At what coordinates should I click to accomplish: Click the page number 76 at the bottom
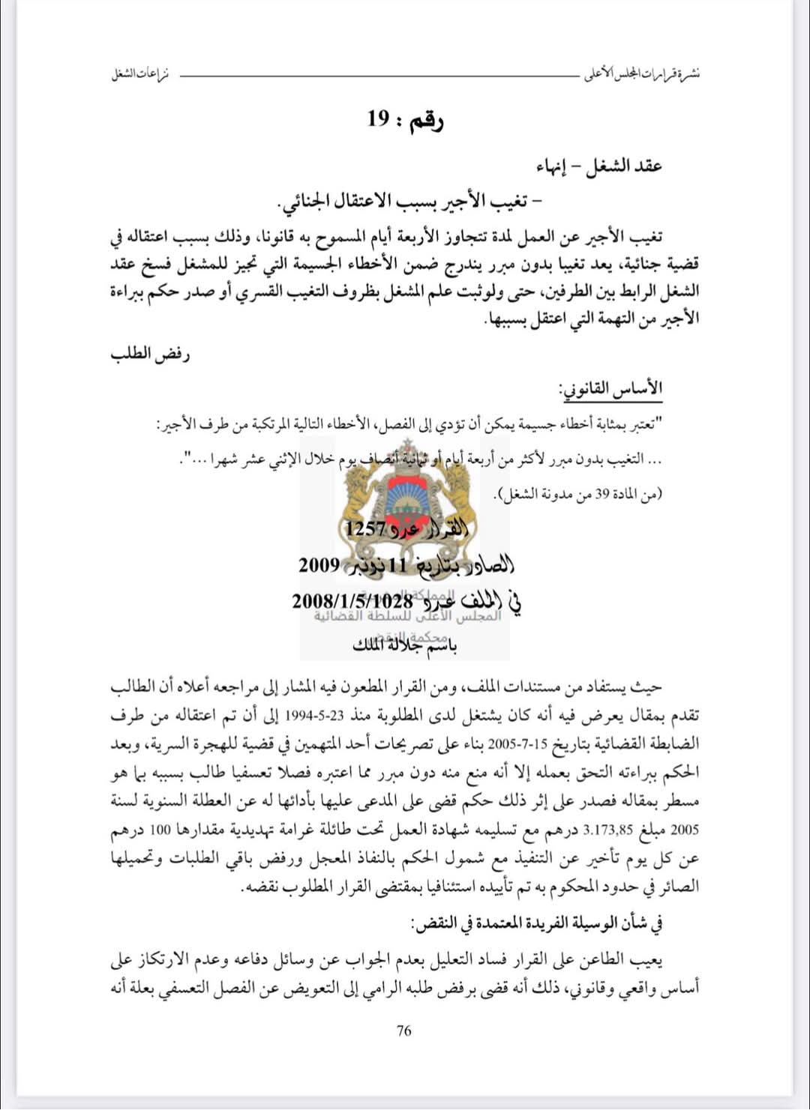[x=403, y=1031]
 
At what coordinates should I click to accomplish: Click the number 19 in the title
[x=379, y=118]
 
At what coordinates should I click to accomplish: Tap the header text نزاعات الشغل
[x=140, y=74]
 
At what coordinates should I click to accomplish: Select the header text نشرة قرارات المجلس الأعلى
[x=642, y=74]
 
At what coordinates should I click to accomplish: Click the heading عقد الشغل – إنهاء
[x=599, y=166]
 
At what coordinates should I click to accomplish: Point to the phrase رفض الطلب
[x=150, y=353]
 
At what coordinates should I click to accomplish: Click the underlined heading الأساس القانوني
[x=610, y=388]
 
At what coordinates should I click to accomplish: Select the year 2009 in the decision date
[x=319, y=564]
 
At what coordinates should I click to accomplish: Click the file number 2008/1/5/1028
[x=352, y=600]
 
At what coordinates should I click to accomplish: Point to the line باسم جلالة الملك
[x=405, y=644]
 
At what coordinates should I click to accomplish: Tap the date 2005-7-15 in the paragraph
[x=517, y=744]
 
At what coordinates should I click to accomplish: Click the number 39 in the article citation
[x=602, y=494]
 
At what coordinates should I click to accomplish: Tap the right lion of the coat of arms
[x=457, y=498]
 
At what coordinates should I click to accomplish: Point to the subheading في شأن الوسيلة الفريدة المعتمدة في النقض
[x=537, y=923]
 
